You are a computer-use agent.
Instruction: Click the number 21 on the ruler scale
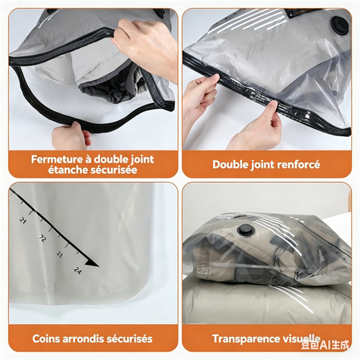pyautogui.click(x=24, y=220)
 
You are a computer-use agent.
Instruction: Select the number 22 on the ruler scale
pyautogui.click(x=42, y=238)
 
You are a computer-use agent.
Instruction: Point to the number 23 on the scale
pyautogui.click(x=59, y=254)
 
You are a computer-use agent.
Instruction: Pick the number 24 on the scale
pyautogui.click(x=77, y=270)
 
